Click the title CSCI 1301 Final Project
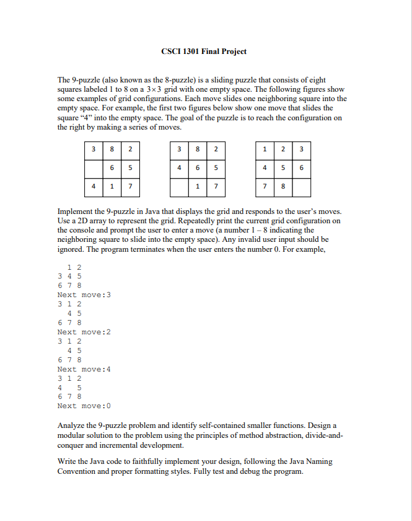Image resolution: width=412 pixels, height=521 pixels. [203, 51]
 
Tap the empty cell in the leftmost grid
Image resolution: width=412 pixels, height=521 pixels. [94, 167]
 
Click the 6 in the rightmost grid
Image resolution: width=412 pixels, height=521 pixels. [300, 167]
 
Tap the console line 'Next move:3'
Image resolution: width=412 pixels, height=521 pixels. [84, 295]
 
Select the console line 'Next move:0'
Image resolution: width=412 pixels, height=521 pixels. [84, 406]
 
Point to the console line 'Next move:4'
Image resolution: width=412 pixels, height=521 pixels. [84, 369]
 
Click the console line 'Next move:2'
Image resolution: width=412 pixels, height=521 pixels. [84, 332]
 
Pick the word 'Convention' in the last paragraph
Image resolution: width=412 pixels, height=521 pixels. [81, 471]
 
